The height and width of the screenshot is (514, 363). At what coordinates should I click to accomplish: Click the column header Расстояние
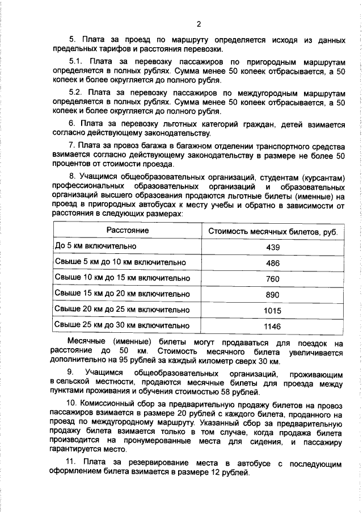(128, 230)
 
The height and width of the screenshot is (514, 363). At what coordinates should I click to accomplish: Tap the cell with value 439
(273, 246)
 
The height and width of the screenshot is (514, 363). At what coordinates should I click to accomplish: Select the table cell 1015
(273, 310)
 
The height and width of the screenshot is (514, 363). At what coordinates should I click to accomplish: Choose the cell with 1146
(273, 326)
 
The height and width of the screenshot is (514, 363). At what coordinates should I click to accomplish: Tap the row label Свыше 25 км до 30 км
(121, 325)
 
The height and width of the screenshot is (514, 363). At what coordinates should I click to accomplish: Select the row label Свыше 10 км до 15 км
(121, 278)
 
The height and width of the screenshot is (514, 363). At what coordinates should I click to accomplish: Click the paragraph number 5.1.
(75, 61)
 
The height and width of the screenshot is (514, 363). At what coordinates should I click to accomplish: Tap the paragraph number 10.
(74, 403)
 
